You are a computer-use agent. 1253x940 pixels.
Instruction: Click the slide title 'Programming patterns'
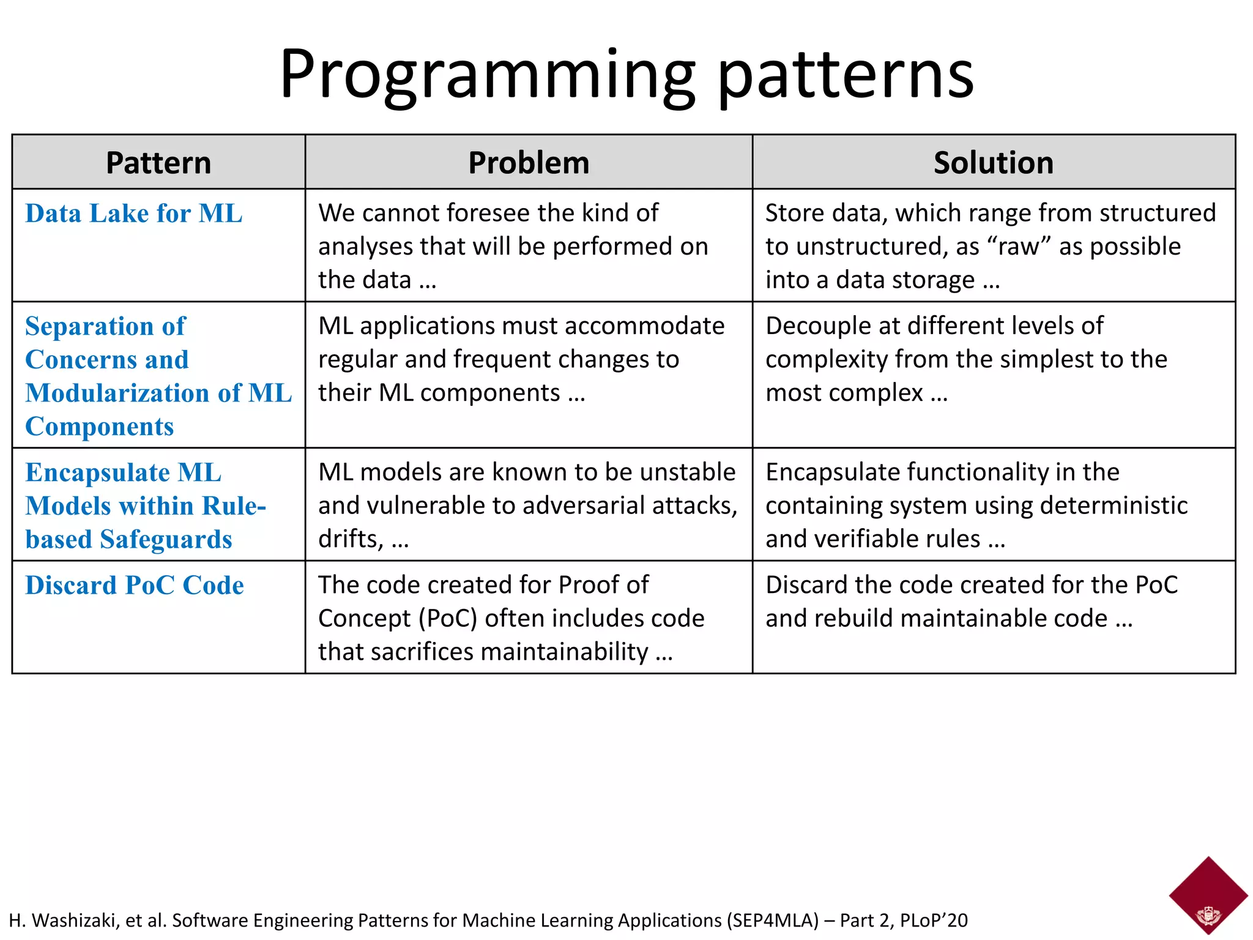(626, 75)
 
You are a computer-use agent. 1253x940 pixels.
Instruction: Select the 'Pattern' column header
(158, 163)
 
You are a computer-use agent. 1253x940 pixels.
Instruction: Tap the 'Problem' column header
(529, 163)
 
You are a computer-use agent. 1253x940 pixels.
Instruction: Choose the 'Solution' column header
(994, 163)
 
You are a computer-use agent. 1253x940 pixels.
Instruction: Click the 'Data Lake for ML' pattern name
(134, 214)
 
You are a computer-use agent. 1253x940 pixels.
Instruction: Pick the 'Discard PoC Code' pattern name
(135, 585)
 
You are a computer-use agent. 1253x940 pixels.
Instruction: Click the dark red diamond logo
(1208, 894)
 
